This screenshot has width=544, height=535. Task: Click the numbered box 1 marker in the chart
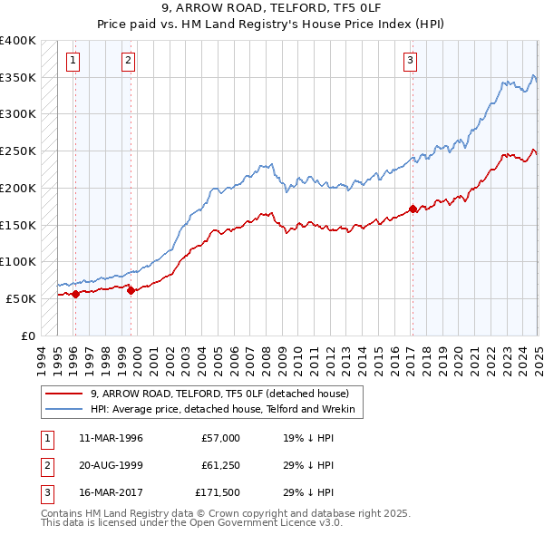click(72, 61)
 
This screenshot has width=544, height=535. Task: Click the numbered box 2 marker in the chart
click(128, 61)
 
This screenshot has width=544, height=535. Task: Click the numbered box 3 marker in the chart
click(410, 61)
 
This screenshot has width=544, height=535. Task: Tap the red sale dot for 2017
click(413, 209)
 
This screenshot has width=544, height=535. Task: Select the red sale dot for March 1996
click(75, 293)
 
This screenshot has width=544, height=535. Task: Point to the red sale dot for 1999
click(131, 290)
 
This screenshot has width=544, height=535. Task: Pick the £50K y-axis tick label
click(21, 298)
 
